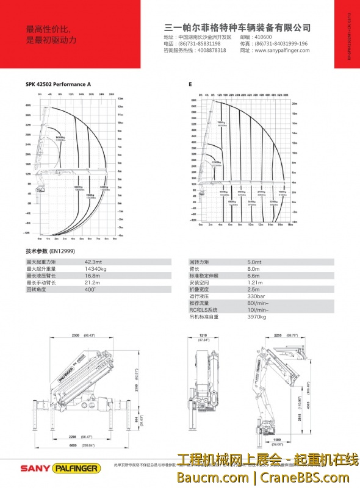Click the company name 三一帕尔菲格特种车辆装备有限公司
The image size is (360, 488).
click(238, 28)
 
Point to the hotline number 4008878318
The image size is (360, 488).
click(212, 51)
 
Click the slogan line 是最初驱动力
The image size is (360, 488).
click(51, 40)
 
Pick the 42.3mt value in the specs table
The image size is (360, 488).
click(93, 262)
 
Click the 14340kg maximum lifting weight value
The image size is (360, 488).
click(96, 268)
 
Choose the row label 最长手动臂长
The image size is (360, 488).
click(41, 282)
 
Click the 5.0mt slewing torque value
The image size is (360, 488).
click(254, 262)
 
